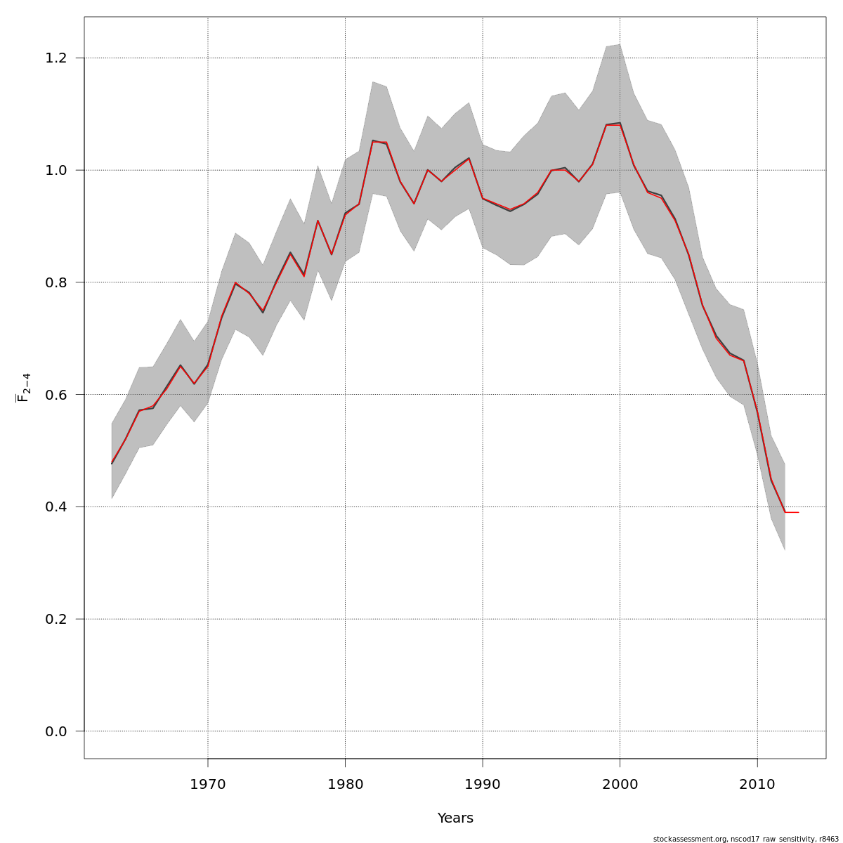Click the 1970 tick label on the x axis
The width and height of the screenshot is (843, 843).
(207, 784)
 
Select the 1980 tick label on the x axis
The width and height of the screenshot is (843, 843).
(345, 784)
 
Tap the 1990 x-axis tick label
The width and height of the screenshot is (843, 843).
(483, 784)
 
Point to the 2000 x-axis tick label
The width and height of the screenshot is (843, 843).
(620, 784)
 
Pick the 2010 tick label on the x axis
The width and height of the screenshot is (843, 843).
(757, 784)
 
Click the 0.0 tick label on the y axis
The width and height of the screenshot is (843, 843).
(55, 731)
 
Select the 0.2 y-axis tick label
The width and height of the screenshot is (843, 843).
(55, 619)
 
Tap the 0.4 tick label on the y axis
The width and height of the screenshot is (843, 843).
(55, 507)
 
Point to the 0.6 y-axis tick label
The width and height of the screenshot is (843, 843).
(55, 395)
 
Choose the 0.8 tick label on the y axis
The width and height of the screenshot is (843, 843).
(55, 282)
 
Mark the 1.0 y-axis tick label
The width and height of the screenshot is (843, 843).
(55, 170)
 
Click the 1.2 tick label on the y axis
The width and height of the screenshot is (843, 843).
(55, 58)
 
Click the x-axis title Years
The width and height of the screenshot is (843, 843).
(455, 818)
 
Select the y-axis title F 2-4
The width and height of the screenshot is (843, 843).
(23, 387)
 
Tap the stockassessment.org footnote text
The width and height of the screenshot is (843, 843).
(745, 839)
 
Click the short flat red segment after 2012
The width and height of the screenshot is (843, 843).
(792, 512)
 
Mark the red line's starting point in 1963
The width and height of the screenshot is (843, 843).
(112, 463)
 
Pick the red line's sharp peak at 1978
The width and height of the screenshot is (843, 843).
(318, 221)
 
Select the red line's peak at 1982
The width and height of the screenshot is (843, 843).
(372, 141)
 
